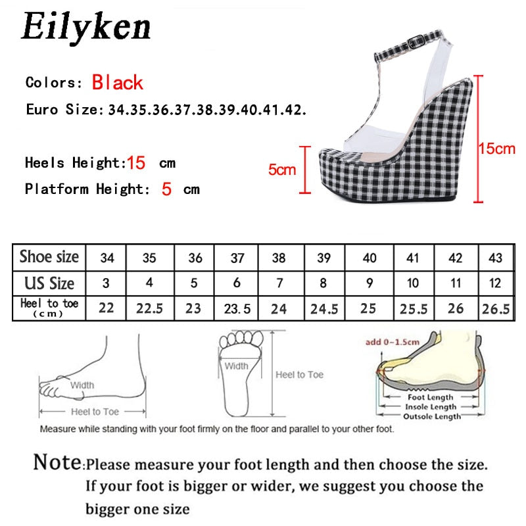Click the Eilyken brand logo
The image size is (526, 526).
[86, 27]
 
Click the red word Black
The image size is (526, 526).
[118, 83]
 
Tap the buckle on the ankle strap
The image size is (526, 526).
[416, 43]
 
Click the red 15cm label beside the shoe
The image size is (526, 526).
[496, 149]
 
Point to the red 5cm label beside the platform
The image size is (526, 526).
[282, 170]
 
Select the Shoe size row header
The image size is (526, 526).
[49, 257]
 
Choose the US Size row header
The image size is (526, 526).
[49, 283]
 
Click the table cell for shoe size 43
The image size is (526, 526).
[494, 258]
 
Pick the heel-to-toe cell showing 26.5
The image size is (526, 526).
[494, 308]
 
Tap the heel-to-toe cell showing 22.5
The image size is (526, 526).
[150, 308]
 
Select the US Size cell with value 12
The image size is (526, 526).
[494, 283]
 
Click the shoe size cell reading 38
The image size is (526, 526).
[279, 258]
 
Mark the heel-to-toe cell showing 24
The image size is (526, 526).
[279, 308]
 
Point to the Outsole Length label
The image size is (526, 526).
[431, 416]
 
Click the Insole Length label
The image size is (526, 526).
[430, 407]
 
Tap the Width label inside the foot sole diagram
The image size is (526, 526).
[236, 366]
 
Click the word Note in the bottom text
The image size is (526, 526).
[58, 462]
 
